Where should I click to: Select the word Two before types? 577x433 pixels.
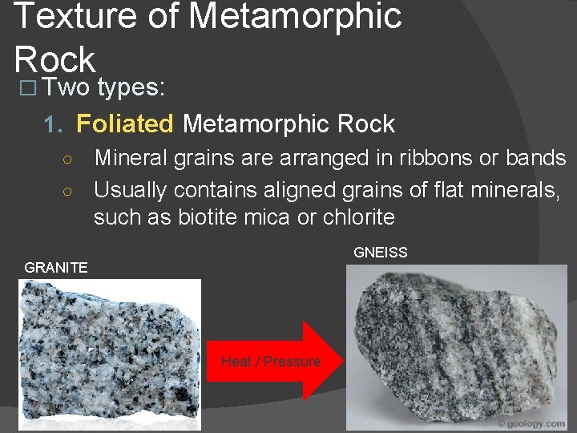click(x=66, y=88)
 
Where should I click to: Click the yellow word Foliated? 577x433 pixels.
click(x=124, y=123)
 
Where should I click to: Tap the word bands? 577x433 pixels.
click(x=536, y=158)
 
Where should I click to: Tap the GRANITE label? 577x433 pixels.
click(x=56, y=268)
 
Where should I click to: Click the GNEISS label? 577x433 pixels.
click(x=381, y=253)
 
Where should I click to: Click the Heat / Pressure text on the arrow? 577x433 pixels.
click(x=271, y=362)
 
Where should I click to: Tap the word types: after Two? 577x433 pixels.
click(x=132, y=88)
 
